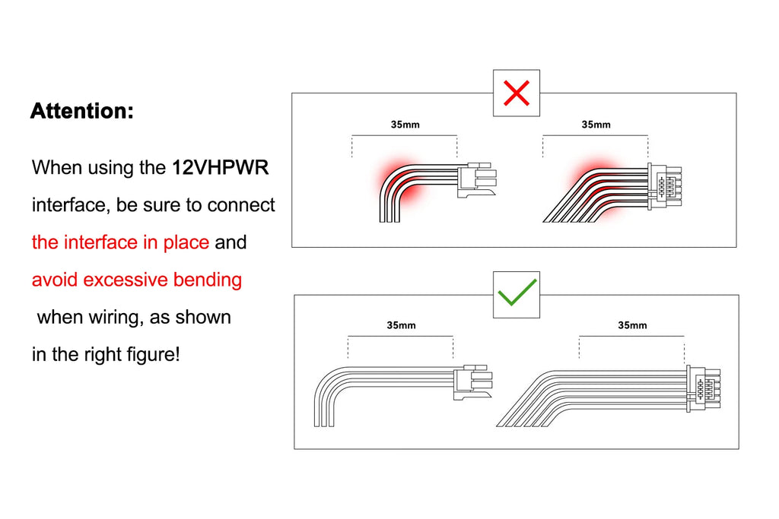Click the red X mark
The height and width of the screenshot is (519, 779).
click(517, 93)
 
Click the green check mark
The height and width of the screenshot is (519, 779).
click(517, 293)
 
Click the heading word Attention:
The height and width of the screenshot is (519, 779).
click(82, 111)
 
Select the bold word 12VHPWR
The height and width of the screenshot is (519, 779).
click(221, 167)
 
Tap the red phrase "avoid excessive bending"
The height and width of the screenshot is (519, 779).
click(137, 280)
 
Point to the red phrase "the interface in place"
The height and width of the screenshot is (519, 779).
click(120, 242)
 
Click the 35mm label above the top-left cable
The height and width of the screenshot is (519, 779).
click(405, 125)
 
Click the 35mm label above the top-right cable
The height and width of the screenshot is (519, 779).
click(596, 125)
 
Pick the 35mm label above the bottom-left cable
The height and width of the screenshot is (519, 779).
click(401, 325)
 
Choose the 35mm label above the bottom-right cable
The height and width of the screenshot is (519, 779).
click(632, 325)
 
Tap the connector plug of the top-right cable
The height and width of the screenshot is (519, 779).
click(664, 187)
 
